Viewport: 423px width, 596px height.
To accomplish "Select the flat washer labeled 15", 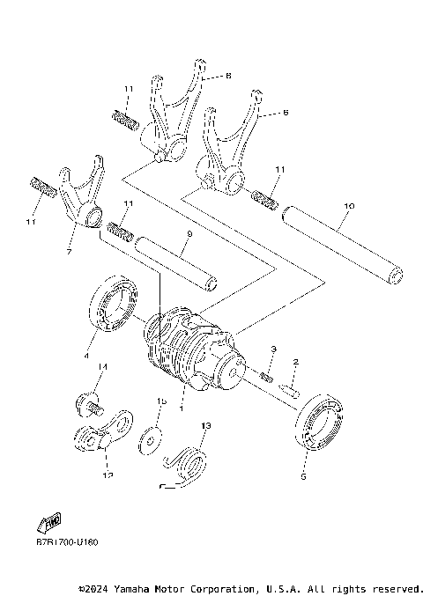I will click(152, 438).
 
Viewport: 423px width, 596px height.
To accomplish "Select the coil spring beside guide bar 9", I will click(120, 234).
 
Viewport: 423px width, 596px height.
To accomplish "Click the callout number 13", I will click(205, 425).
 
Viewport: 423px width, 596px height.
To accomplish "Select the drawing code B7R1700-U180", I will click(67, 541).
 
